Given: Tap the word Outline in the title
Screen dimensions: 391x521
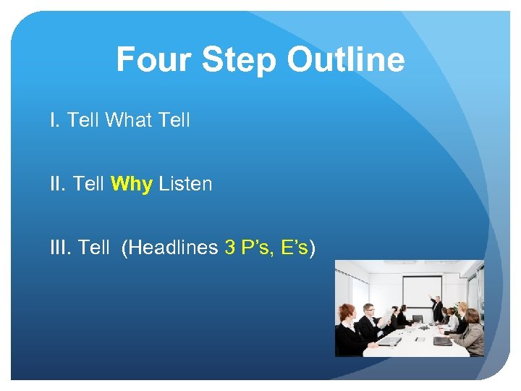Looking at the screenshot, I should pos(345,59).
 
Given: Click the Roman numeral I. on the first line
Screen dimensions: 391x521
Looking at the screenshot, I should pos(55,120).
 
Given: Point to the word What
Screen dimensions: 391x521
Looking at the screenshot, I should pos(127,120).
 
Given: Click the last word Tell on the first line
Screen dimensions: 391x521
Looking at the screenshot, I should pos(174,120).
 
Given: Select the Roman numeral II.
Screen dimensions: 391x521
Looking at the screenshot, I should pos(58,184).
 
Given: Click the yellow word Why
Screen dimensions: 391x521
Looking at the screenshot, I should pos(132,184).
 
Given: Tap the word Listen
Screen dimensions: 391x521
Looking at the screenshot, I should pos(185,184).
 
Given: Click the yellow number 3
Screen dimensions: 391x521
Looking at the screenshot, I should pos(230,248).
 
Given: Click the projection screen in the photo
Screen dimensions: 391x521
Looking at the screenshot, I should pos(422,297).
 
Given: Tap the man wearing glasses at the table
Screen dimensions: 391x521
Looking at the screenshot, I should pos(368,319).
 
